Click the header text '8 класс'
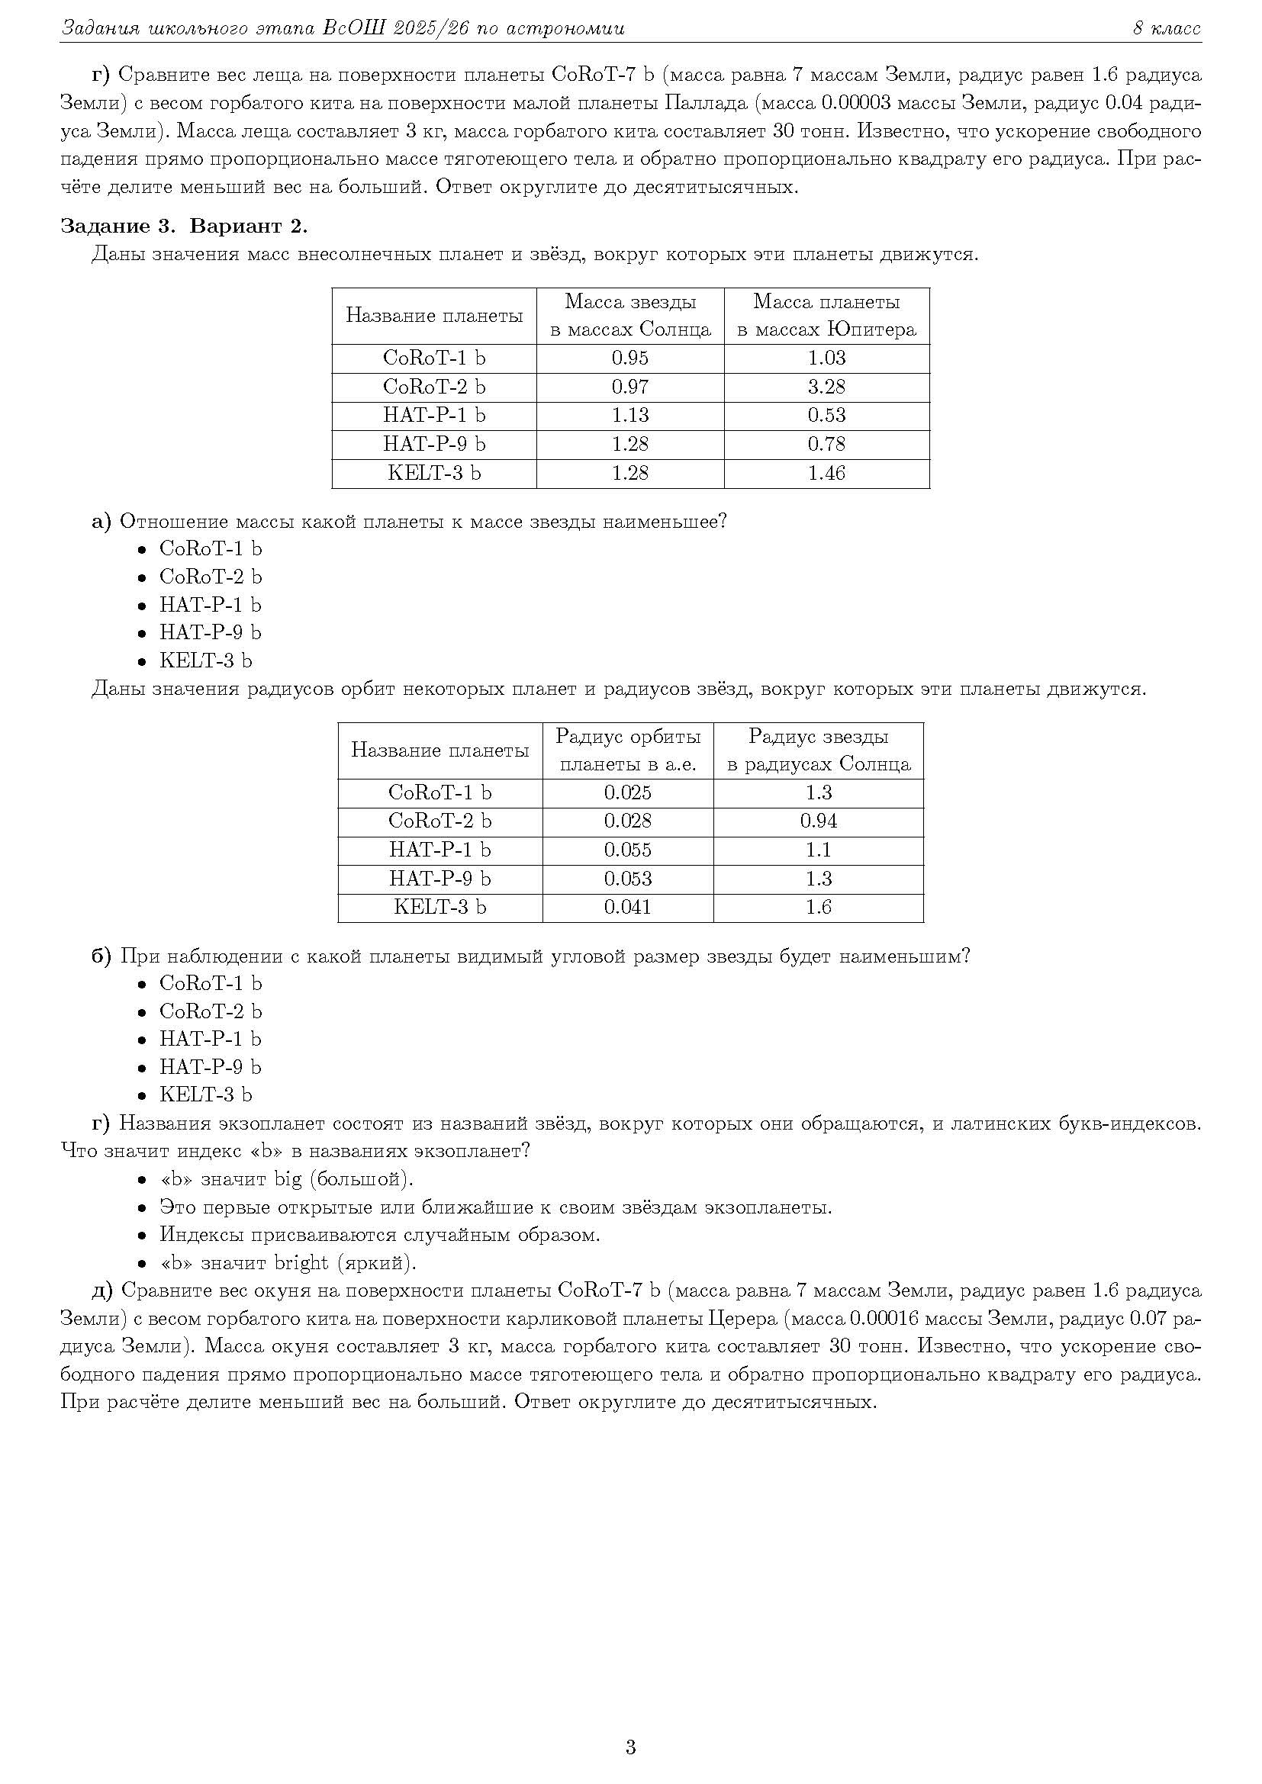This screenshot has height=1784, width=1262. pyautogui.click(x=1166, y=29)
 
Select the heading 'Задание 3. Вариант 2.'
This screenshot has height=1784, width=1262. pyautogui.click(x=184, y=226)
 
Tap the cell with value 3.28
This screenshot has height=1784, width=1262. pyautogui.click(x=826, y=387)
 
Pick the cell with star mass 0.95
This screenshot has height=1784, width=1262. pyautogui.click(x=629, y=358)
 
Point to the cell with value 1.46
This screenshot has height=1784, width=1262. pyautogui.click(x=826, y=473)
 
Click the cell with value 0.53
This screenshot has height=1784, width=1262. pyautogui.click(x=826, y=416)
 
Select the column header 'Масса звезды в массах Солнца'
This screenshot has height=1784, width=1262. pyautogui.click(x=629, y=316)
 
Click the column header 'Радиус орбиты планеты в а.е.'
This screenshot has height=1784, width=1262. pyautogui.click(x=627, y=750)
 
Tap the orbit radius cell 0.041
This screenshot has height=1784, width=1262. pyautogui.click(x=627, y=907)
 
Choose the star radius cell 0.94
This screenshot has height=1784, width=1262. pyautogui.click(x=818, y=821)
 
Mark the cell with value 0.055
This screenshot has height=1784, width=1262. pyautogui.click(x=627, y=850)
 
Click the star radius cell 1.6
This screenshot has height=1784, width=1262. pyautogui.click(x=818, y=907)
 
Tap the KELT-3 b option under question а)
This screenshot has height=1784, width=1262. pyautogui.click(x=205, y=661)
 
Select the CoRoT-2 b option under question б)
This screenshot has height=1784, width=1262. pyautogui.click(x=210, y=1011)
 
